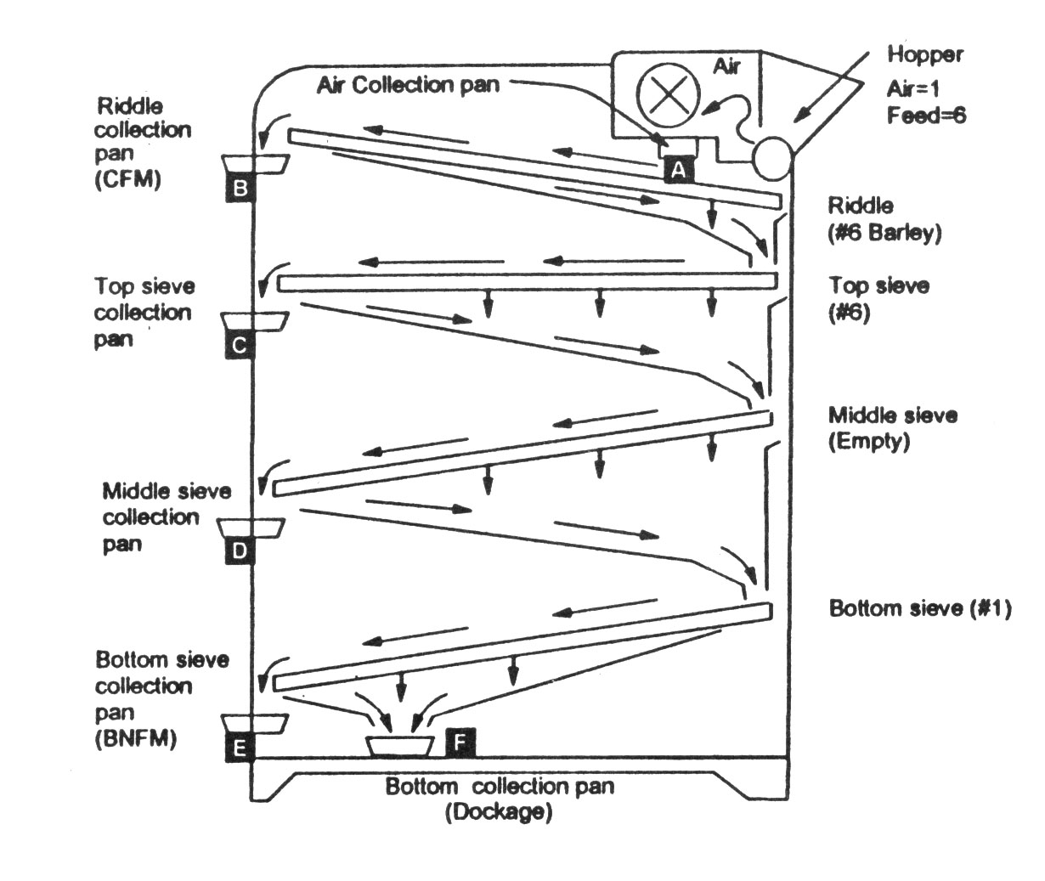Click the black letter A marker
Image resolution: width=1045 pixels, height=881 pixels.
[679, 169]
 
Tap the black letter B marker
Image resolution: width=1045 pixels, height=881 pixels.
[240, 188]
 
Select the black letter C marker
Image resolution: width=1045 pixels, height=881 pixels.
[240, 344]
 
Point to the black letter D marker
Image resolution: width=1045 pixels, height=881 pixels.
[240, 551]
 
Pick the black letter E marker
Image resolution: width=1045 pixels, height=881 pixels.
[240, 748]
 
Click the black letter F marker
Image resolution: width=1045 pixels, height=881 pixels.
[460, 743]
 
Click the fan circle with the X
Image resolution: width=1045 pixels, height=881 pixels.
[668, 95]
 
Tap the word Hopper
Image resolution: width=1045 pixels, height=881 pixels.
[925, 55]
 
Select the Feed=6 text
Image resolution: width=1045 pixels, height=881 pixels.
[926, 116]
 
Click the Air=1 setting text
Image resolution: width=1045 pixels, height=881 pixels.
[912, 89]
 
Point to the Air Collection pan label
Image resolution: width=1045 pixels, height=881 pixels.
[408, 85]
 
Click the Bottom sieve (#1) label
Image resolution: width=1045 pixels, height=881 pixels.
[920, 608]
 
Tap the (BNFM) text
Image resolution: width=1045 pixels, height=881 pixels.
[136, 738]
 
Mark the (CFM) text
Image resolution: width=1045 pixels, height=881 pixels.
[127, 178]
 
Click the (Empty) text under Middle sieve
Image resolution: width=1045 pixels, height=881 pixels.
[869, 442]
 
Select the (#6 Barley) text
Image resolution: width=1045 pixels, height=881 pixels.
[884, 233]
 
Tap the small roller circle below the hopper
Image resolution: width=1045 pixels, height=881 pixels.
[773, 158]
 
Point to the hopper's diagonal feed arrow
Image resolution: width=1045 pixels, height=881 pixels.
[831, 87]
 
